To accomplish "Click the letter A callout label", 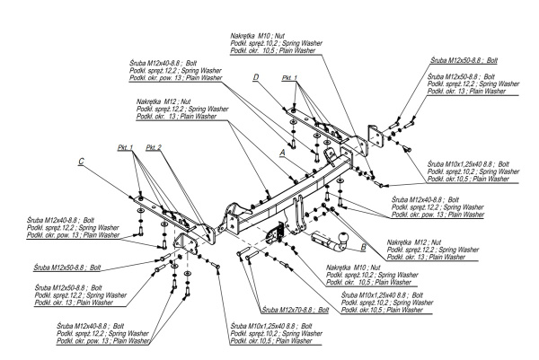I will [283, 154].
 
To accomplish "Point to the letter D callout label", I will [256, 78].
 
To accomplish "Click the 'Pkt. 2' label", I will [154, 147].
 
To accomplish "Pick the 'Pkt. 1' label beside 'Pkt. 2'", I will [125, 147].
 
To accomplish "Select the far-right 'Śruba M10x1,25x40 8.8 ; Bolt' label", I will [473, 165].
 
